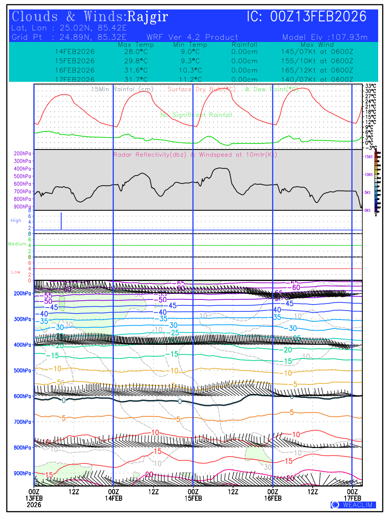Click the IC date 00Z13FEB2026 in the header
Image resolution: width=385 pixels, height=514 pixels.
tap(307, 17)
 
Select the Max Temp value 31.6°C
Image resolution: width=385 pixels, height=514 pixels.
tap(133, 70)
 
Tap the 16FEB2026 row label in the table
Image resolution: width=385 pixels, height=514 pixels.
tap(74, 70)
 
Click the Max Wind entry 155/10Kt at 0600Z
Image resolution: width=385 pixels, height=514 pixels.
tap(314, 61)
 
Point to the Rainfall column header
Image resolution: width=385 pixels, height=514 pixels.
tap(244, 45)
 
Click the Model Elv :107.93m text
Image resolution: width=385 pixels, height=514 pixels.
tap(325, 37)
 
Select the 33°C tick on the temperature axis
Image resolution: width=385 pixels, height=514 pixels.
tap(370, 86)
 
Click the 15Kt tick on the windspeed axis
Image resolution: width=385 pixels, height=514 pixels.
tap(368, 157)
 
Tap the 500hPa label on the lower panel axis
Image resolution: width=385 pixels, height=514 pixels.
tap(22, 371)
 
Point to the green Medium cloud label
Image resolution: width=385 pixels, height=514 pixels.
tap(17, 244)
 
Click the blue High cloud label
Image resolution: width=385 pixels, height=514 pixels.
tap(16, 221)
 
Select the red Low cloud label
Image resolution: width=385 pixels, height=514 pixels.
tap(16, 272)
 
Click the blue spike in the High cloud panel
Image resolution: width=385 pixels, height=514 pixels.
tap(61, 221)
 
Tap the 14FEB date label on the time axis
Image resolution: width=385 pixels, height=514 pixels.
tap(113, 498)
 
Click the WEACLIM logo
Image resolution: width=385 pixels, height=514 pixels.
tap(353, 505)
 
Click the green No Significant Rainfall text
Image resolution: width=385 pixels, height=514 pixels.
tap(196, 115)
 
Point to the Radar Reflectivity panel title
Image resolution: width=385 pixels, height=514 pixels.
tap(195, 155)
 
